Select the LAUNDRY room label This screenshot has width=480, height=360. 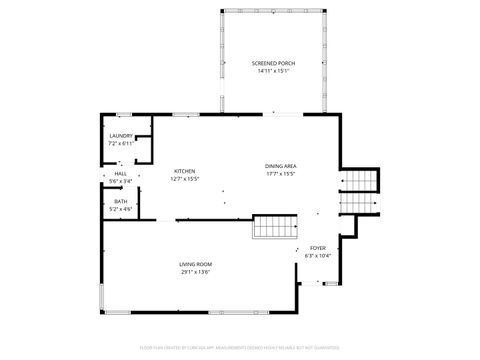coord(121,136)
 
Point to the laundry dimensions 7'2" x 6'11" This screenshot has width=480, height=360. coord(121,144)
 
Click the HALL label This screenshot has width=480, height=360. coord(121,174)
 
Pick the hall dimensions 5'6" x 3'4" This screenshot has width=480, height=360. coord(121,181)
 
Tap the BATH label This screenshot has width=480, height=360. coord(121,201)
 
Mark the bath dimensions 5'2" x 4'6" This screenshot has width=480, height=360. coord(121,208)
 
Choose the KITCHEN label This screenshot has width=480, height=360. coord(185,171)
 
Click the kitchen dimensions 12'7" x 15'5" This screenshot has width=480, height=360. coord(185,179)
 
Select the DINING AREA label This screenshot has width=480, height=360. coord(281,166)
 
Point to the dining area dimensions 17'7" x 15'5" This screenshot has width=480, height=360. coord(281,174)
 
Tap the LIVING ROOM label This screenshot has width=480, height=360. coord(196,264)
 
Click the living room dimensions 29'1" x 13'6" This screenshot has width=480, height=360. coord(196,271)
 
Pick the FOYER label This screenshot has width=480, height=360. coord(318,247)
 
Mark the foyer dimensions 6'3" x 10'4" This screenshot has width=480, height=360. coord(318,255)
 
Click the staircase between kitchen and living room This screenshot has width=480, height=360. coord(274,227)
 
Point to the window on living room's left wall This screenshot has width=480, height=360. coord(102,297)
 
